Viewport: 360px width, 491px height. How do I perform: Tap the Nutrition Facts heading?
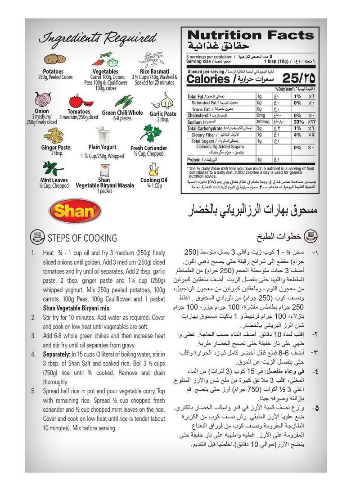[x=250, y=36]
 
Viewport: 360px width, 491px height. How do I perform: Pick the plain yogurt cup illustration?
[x=103, y=135]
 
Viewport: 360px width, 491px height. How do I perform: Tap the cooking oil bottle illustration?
[x=153, y=169]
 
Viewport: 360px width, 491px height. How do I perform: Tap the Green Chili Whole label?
[x=122, y=113]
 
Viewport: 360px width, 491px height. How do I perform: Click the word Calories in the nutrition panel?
[x=208, y=80]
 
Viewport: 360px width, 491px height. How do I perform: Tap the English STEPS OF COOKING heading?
[x=82, y=238]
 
